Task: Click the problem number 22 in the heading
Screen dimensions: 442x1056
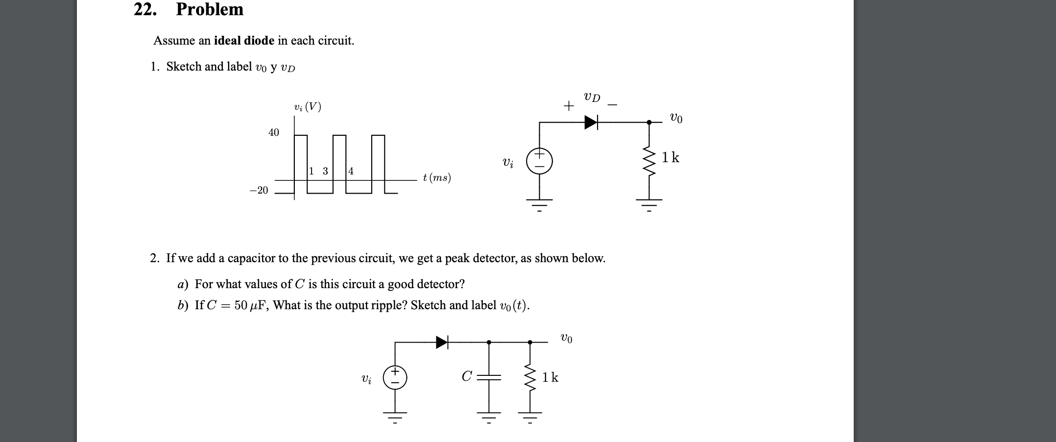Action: click(x=144, y=9)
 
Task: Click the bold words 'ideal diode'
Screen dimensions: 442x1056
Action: click(x=244, y=41)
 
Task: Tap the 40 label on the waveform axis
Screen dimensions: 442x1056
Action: click(x=274, y=132)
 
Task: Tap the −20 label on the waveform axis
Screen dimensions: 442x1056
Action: click(x=259, y=190)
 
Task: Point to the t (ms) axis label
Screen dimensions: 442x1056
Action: click(x=437, y=178)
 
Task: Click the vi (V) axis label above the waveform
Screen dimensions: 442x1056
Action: click(x=308, y=107)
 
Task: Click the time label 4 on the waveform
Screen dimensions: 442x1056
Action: click(x=351, y=171)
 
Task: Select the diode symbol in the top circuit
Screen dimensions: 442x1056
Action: click(x=591, y=122)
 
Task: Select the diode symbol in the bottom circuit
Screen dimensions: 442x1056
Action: click(x=442, y=342)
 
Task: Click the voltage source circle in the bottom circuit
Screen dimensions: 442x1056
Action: click(x=395, y=377)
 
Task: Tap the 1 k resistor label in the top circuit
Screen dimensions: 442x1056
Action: click(x=671, y=158)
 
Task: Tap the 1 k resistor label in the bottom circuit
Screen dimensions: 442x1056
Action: click(x=550, y=377)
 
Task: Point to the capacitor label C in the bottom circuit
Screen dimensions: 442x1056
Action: click(x=466, y=376)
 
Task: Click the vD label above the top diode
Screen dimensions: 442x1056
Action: click(x=592, y=97)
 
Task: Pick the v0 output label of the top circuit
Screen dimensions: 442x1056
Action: click(x=676, y=118)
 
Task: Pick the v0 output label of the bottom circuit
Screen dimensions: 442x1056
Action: click(x=566, y=338)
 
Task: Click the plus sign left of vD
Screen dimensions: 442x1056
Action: click(x=568, y=106)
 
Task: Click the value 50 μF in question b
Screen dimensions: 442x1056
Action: click(x=250, y=305)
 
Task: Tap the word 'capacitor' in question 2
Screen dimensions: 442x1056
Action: click(x=251, y=258)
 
